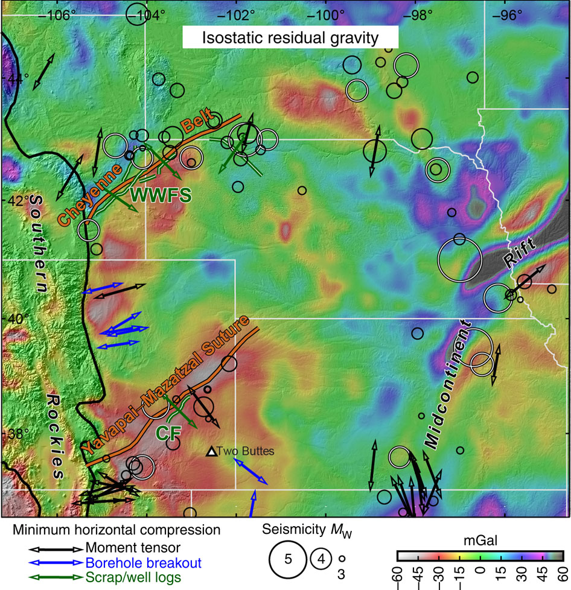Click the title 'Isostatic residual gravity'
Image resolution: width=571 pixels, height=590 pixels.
coord(290,38)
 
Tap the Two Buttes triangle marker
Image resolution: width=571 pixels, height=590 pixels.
coord(211,451)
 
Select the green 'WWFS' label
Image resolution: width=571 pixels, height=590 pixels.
coord(161,195)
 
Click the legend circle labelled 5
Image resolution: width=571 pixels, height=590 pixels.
coord(289,558)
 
